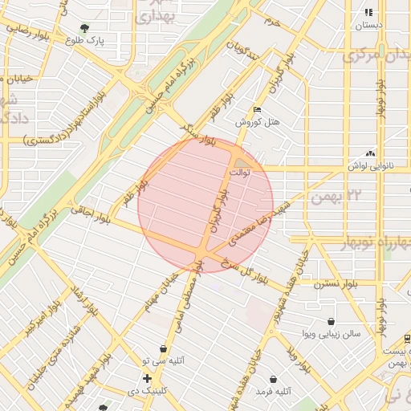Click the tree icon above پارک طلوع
[84, 29]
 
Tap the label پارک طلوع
[88, 40]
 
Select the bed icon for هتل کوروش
[257, 110]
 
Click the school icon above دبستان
[368, 13]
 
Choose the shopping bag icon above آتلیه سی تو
[164, 349]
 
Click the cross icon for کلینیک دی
[147, 377]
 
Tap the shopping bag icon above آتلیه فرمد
[273, 379]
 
